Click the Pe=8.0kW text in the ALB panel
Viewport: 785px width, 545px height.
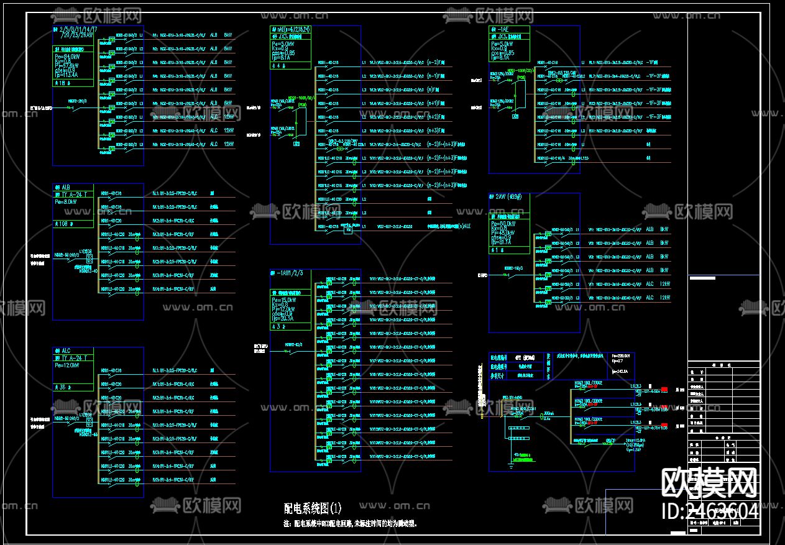67,201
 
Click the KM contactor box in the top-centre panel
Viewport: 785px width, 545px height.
349,230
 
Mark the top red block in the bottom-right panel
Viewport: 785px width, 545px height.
664,390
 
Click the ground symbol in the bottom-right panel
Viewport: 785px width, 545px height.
510,461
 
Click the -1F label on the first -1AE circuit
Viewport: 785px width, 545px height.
652,63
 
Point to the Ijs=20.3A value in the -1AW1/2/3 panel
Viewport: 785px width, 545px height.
283,319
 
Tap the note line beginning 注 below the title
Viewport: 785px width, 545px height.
350,524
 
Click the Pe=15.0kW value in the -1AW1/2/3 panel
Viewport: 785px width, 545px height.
283,300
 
